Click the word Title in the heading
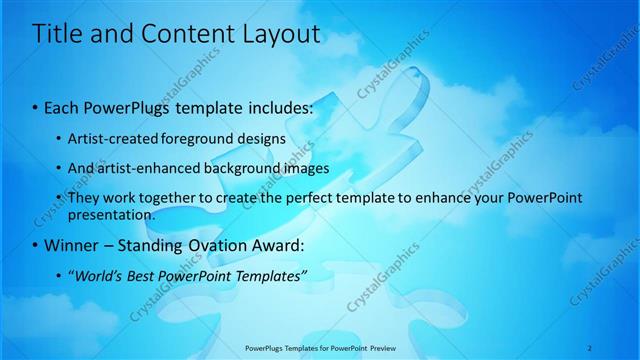pyautogui.click(x=57, y=34)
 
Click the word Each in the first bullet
pyautogui.click(x=61, y=107)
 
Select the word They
pyautogui.click(x=83, y=198)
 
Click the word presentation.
pyautogui.click(x=111, y=214)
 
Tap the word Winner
pyautogui.click(x=69, y=245)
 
